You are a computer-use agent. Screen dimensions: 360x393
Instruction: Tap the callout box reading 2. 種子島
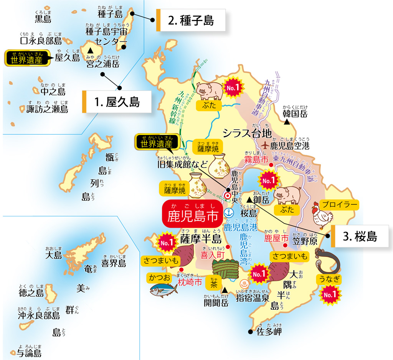tap(191, 20)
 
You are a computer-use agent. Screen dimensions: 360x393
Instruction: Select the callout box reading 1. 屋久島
tap(117, 102)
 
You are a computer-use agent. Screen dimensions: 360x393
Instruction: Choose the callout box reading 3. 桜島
tap(360, 236)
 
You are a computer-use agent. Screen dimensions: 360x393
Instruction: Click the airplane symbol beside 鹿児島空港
tap(265, 146)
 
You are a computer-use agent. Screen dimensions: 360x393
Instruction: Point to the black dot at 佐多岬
tap(251, 332)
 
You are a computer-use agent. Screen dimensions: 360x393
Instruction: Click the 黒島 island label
tap(43, 18)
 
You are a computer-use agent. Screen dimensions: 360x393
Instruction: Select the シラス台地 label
tap(248, 133)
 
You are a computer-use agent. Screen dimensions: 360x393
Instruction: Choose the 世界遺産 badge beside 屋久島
tap(27, 59)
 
